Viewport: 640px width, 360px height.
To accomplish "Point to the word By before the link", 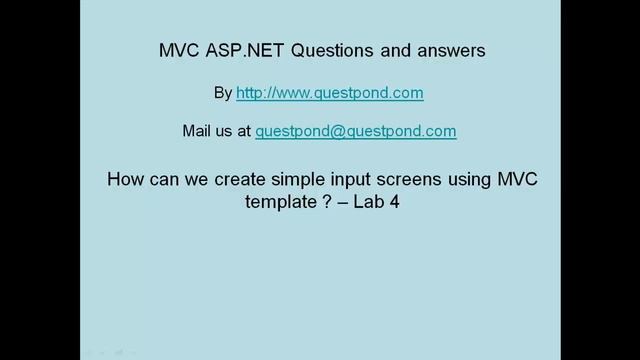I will coord(222,92).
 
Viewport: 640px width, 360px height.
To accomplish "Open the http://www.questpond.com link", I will coord(330,92).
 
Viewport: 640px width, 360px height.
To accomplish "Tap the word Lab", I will coord(364,202).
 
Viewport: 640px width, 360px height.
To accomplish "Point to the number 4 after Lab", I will coord(394,202).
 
